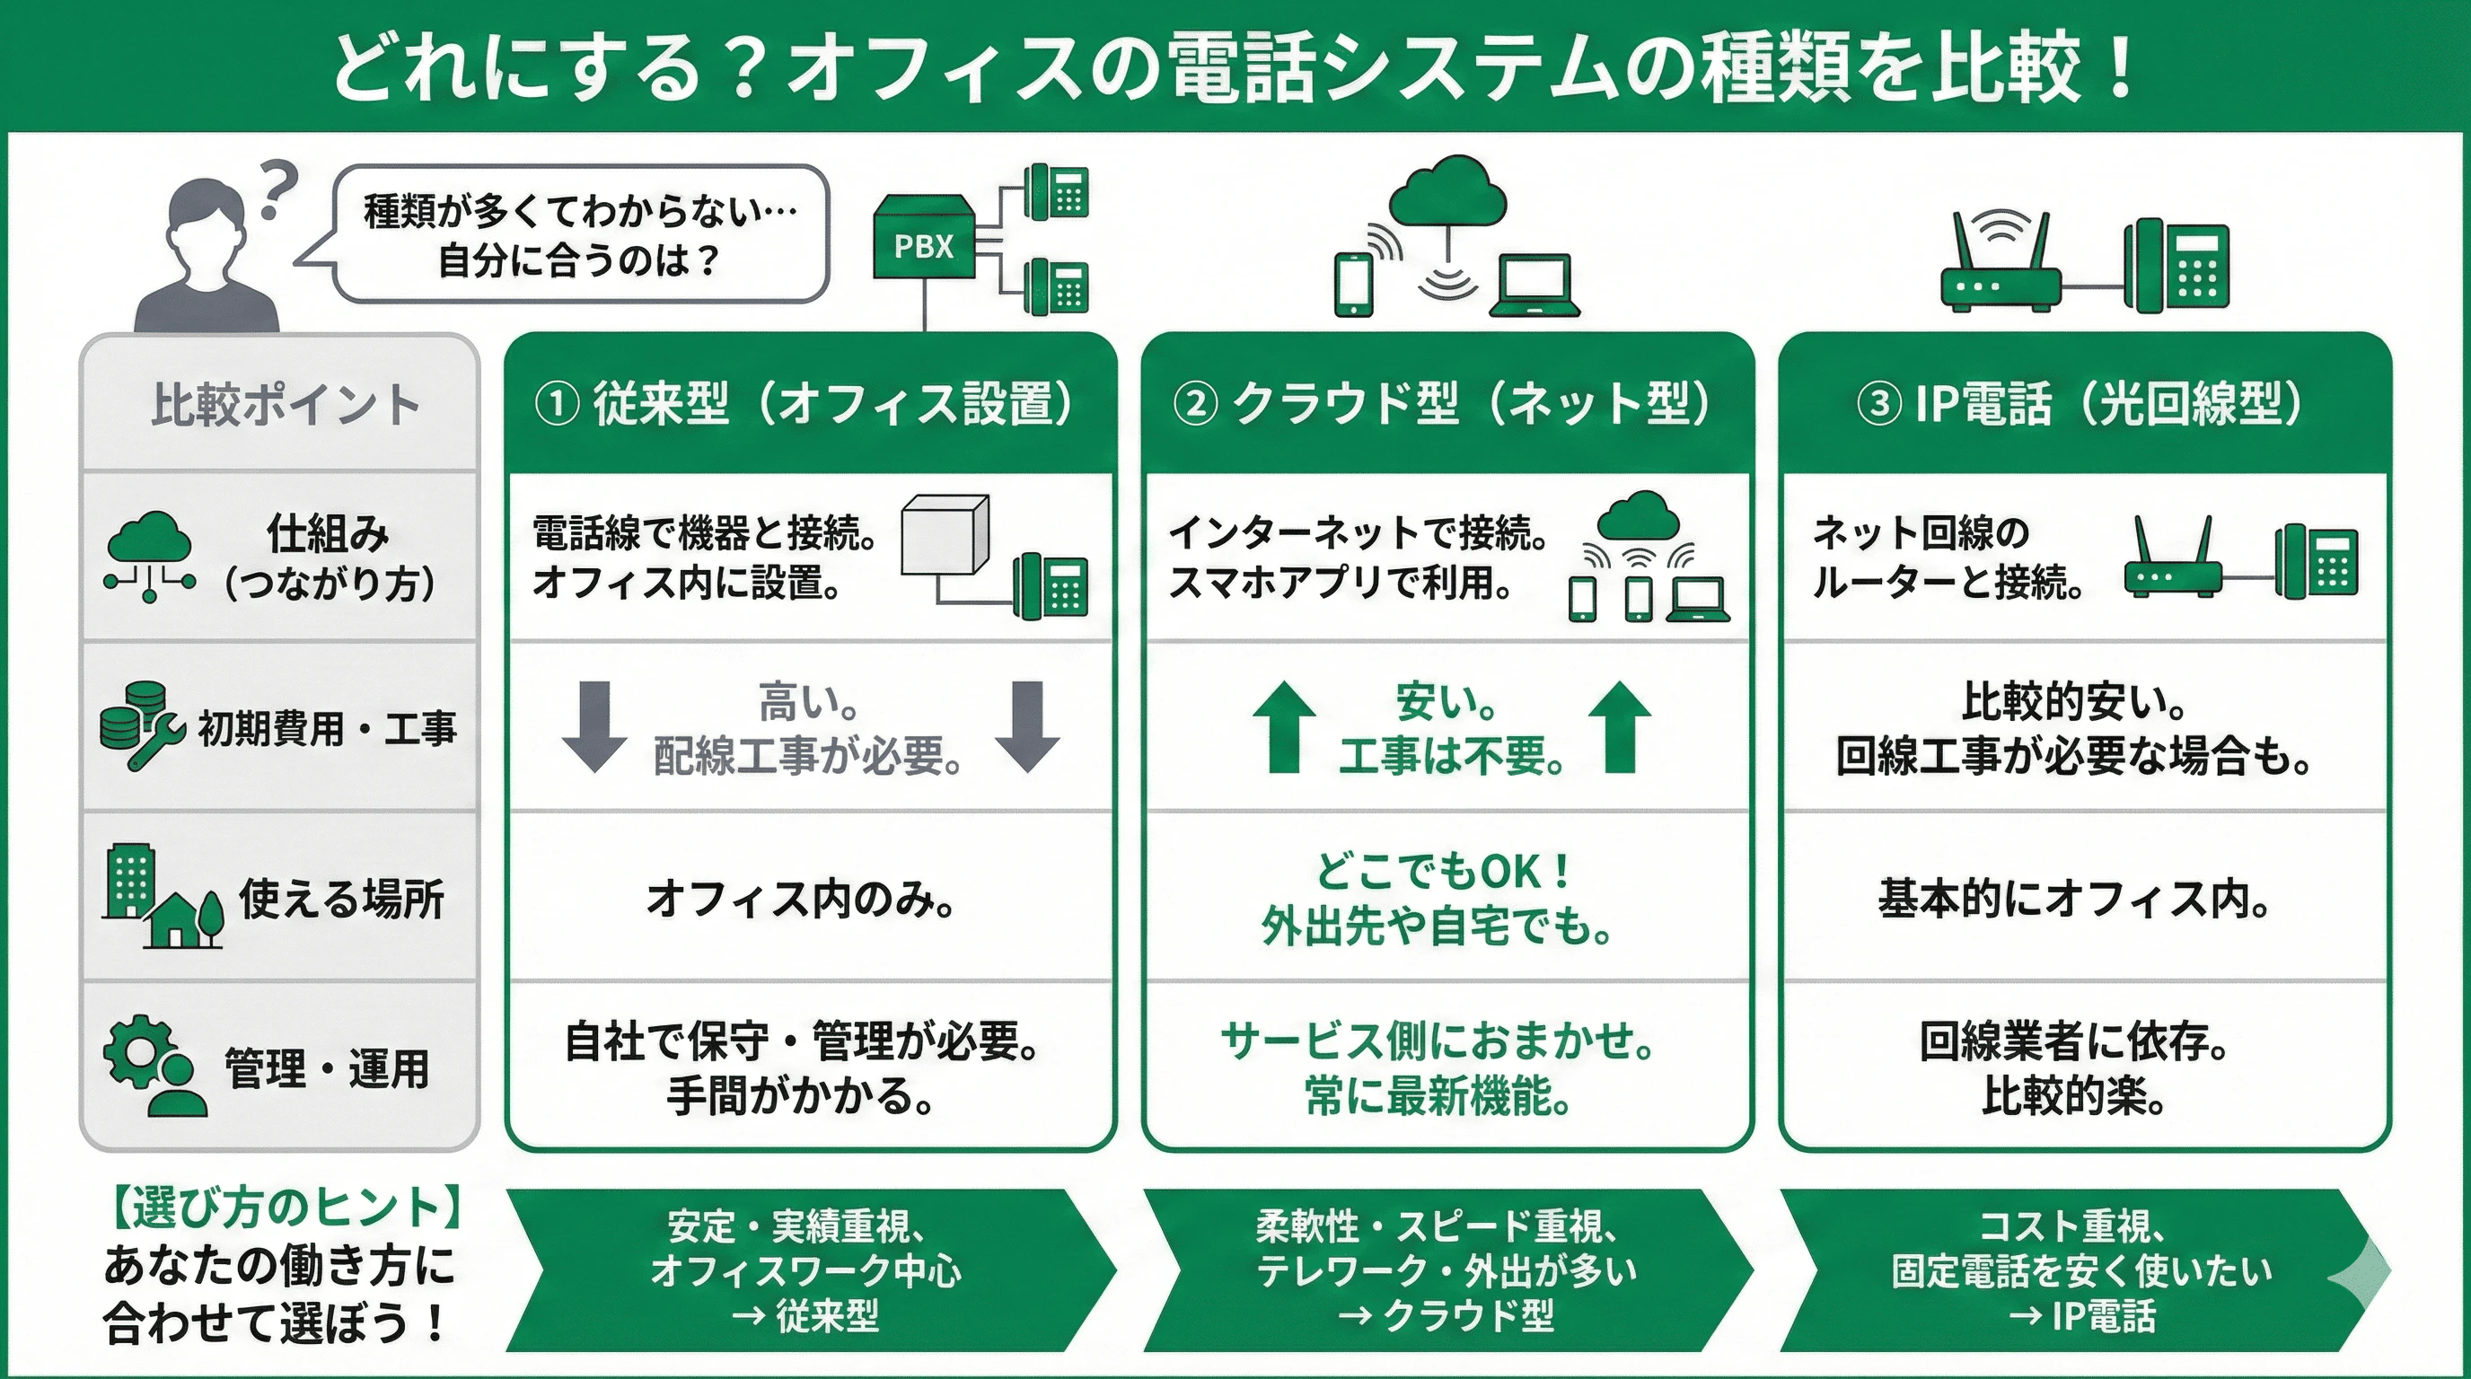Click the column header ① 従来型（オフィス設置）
[x=805, y=404]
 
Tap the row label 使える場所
[x=341, y=900]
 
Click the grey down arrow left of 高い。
[x=594, y=726]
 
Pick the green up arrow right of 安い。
[x=1619, y=726]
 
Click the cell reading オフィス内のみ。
[x=802, y=900]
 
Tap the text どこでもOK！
[x=1443, y=871]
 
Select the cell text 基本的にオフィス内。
[x=2073, y=900]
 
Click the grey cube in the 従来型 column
[x=945, y=534]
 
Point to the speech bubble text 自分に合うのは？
[x=579, y=261]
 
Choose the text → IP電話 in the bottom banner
[x=2081, y=1316]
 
